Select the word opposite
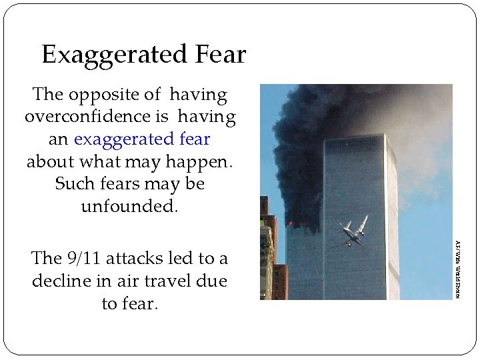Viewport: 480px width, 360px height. coord(93,95)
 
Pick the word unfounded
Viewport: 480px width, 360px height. coord(129,206)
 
